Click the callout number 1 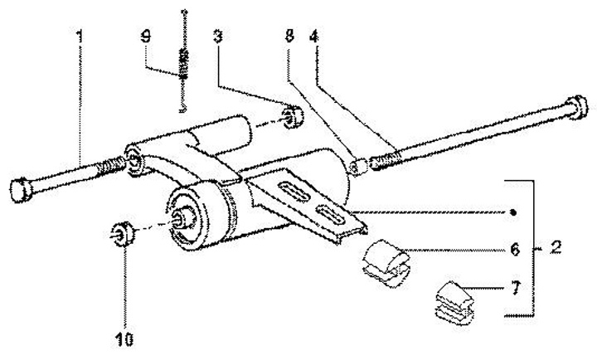coord(80,38)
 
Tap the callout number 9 coord(147,38)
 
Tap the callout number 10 coord(125,338)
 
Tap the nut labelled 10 coord(121,235)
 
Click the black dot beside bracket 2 coord(514,212)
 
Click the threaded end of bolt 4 coord(385,158)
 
